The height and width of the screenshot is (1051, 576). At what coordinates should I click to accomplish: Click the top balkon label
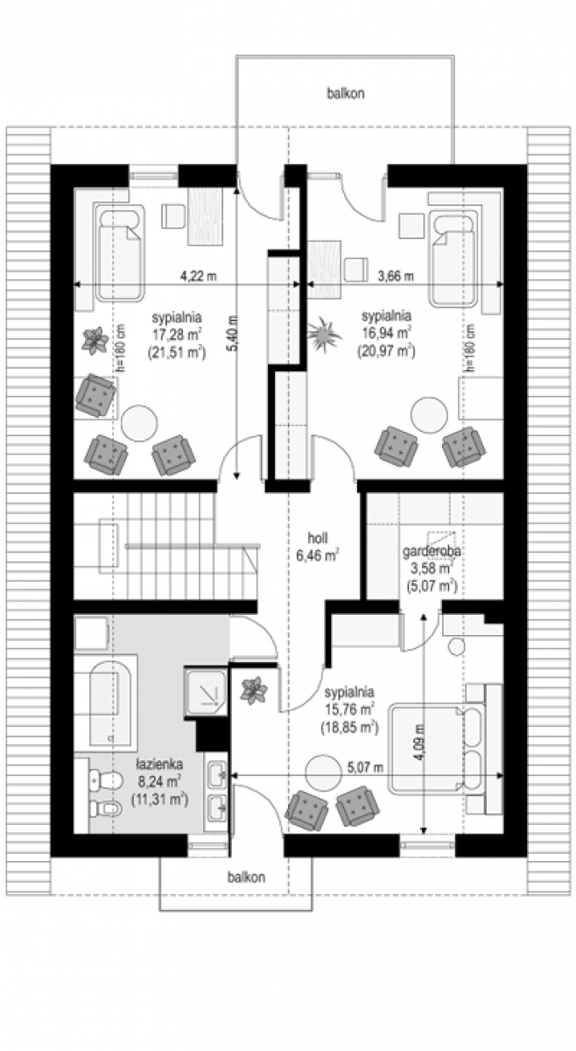(346, 94)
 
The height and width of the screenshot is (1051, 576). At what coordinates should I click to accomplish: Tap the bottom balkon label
(246, 877)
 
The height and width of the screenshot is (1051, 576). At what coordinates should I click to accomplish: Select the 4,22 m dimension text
(199, 276)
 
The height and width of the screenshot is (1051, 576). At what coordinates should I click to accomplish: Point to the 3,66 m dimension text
(396, 276)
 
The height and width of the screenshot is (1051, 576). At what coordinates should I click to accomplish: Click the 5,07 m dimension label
(365, 767)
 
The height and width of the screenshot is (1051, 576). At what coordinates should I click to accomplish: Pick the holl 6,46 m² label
(318, 547)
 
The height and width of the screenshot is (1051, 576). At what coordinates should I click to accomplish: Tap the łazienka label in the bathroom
(160, 765)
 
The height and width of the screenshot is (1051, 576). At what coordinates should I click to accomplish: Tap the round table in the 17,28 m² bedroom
(139, 423)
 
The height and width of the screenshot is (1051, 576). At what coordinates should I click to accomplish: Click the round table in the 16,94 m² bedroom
(429, 415)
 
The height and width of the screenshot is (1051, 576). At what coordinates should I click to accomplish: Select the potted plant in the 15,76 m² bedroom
(254, 690)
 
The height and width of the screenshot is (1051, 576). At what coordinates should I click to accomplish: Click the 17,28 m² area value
(177, 334)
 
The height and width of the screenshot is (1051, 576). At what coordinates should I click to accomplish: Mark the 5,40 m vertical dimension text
(234, 334)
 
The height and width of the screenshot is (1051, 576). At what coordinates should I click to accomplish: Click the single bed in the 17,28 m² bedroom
(119, 252)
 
